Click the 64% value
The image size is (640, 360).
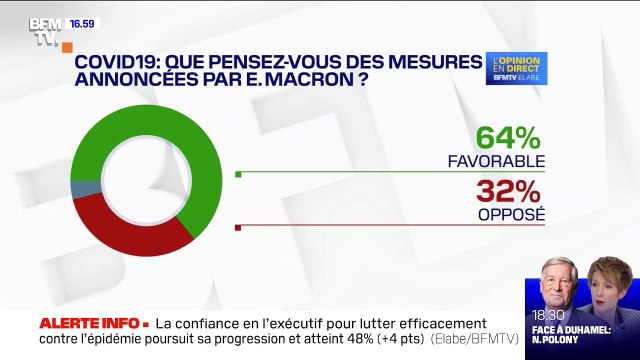510,138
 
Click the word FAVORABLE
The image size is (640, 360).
509,160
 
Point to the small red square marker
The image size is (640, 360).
238,228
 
